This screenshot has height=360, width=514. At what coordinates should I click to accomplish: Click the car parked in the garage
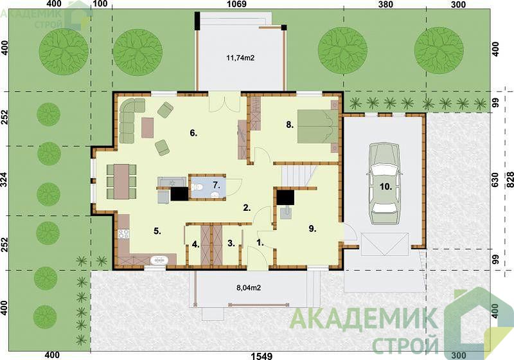click(x=384, y=183)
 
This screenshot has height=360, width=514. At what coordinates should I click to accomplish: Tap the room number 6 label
click(x=193, y=133)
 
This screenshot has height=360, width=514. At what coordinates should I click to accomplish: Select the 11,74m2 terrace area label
click(x=240, y=58)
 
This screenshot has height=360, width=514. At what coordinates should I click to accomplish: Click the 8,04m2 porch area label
click(x=249, y=288)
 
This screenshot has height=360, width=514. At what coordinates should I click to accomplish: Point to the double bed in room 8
click(x=317, y=126)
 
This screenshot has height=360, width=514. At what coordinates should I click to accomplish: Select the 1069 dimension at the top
click(x=236, y=4)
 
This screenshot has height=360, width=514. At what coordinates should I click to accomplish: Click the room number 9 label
click(x=312, y=229)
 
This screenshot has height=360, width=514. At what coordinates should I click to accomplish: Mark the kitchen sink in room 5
click(x=159, y=260)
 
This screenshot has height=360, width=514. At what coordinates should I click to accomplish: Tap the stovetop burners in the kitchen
click(x=123, y=233)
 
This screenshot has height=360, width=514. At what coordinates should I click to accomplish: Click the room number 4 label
click(x=196, y=244)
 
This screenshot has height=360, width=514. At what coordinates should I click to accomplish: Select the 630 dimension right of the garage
click(x=495, y=180)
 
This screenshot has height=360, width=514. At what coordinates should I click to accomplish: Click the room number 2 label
click(x=247, y=207)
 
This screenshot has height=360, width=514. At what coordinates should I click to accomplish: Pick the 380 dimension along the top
click(x=385, y=4)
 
